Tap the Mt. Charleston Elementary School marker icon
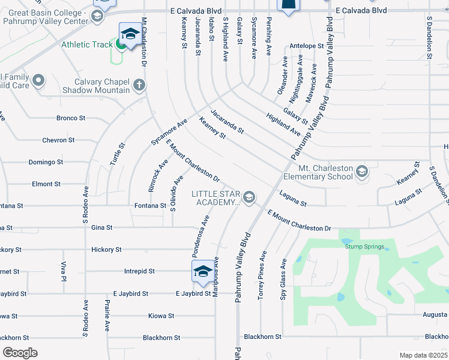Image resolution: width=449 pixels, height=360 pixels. click(361, 173)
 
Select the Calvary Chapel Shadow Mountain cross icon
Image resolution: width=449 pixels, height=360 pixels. click(139, 85)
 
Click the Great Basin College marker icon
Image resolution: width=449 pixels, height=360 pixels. click(96, 16)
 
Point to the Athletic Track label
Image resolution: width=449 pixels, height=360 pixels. click(86, 44)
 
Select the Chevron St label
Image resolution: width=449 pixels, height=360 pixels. click(58, 140)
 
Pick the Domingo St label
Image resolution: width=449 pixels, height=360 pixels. click(46, 162)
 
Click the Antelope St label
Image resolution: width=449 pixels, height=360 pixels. click(306, 46)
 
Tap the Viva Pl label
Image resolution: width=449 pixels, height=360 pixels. click(62, 271)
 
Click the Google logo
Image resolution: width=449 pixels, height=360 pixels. click(20, 353)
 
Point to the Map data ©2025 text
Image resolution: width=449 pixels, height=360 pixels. click(423, 355)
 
